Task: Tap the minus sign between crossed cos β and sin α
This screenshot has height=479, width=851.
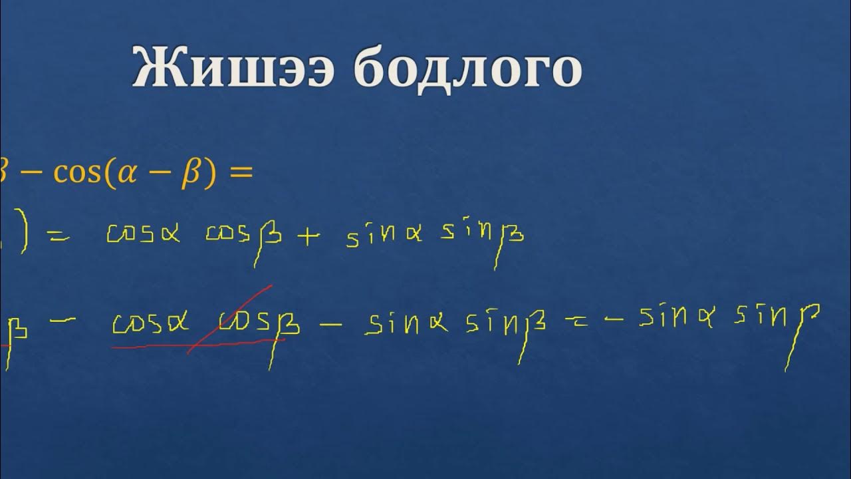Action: coord(330,324)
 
